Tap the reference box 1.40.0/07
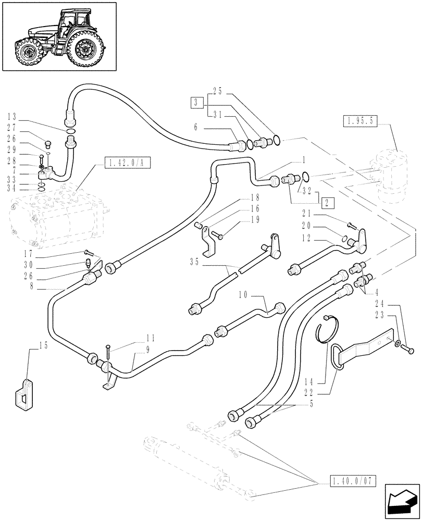[x=353, y=479]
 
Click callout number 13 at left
[x=13, y=116]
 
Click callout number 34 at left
[x=13, y=187]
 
